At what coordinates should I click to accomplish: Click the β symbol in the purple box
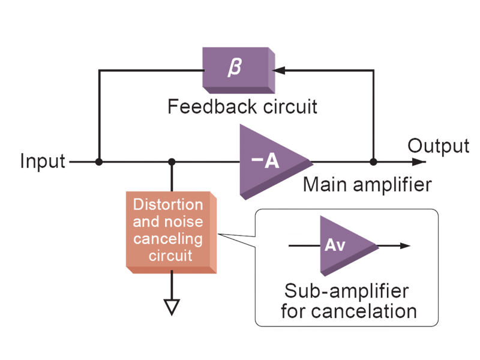[235, 67]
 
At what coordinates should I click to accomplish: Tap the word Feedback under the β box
[212, 107]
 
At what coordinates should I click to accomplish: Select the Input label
[43, 161]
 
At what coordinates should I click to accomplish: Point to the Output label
[439, 146]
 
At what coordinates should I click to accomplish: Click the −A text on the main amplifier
[265, 160]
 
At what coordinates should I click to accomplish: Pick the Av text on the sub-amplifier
[335, 245]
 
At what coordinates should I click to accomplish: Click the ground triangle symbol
[172, 307]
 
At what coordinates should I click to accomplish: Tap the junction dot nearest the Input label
[99, 161]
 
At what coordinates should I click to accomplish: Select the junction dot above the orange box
[172, 161]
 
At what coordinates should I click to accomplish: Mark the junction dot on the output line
[373, 161]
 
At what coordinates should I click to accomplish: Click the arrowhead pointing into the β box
[278, 70]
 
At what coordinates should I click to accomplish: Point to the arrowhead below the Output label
[419, 161]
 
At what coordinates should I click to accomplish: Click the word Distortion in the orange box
[168, 204]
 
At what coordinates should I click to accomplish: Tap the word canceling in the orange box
[168, 239]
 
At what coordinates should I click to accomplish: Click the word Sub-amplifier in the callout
[347, 291]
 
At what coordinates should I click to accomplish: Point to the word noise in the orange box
[185, 221]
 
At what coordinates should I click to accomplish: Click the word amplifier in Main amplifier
[392, 185]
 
